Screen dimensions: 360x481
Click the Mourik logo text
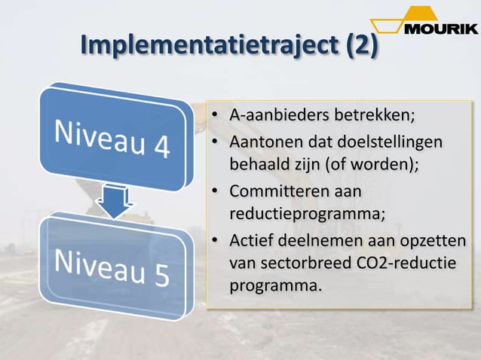[440, 29]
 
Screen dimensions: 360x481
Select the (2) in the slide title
[361, 45]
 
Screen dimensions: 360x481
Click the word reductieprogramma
[306, 213]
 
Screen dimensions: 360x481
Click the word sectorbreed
[304, 264]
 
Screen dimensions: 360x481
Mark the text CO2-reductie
[403, 264]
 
